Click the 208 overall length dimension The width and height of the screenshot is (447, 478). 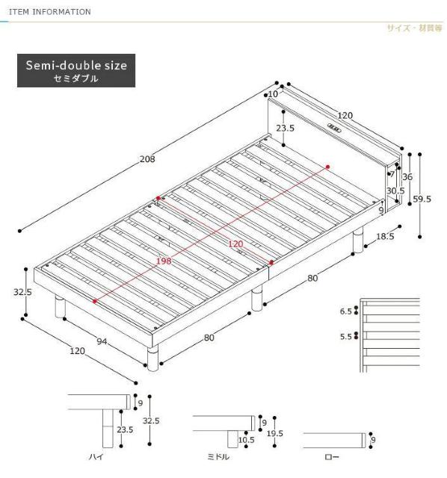[x=147, y=159]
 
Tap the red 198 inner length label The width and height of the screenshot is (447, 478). [x=164, y=261]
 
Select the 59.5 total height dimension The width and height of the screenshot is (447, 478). [x=422, y=199]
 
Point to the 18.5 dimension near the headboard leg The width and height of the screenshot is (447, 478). [x=385, y=236]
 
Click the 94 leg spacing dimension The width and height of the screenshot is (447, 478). [x=102, y=341]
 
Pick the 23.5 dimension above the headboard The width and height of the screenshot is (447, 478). [x=286, y=128]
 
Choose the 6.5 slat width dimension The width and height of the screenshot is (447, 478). [x=346, y=311]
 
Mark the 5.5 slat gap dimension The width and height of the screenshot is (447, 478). [x=346, y=337]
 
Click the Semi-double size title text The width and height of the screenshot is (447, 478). [x=76, y=66]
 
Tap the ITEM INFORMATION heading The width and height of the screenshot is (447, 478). [x=50, y=12]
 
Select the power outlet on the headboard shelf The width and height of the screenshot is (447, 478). [x=334, y=128]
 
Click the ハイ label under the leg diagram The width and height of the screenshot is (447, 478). [x=96, y=456]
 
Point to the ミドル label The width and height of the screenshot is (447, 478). [x=218, y=456]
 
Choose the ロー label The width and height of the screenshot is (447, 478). [x=332, y=456]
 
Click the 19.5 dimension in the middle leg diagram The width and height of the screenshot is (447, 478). [x=275, y=433]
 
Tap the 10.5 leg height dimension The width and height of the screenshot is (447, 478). [x=246, y=440]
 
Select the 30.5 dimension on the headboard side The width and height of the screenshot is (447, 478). [x=395, y=191]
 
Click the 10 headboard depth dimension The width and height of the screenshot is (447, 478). [x=273, y=94]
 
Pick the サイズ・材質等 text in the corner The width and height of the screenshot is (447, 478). [x=414, y=28]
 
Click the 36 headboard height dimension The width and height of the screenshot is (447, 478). [x=407, y=176]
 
